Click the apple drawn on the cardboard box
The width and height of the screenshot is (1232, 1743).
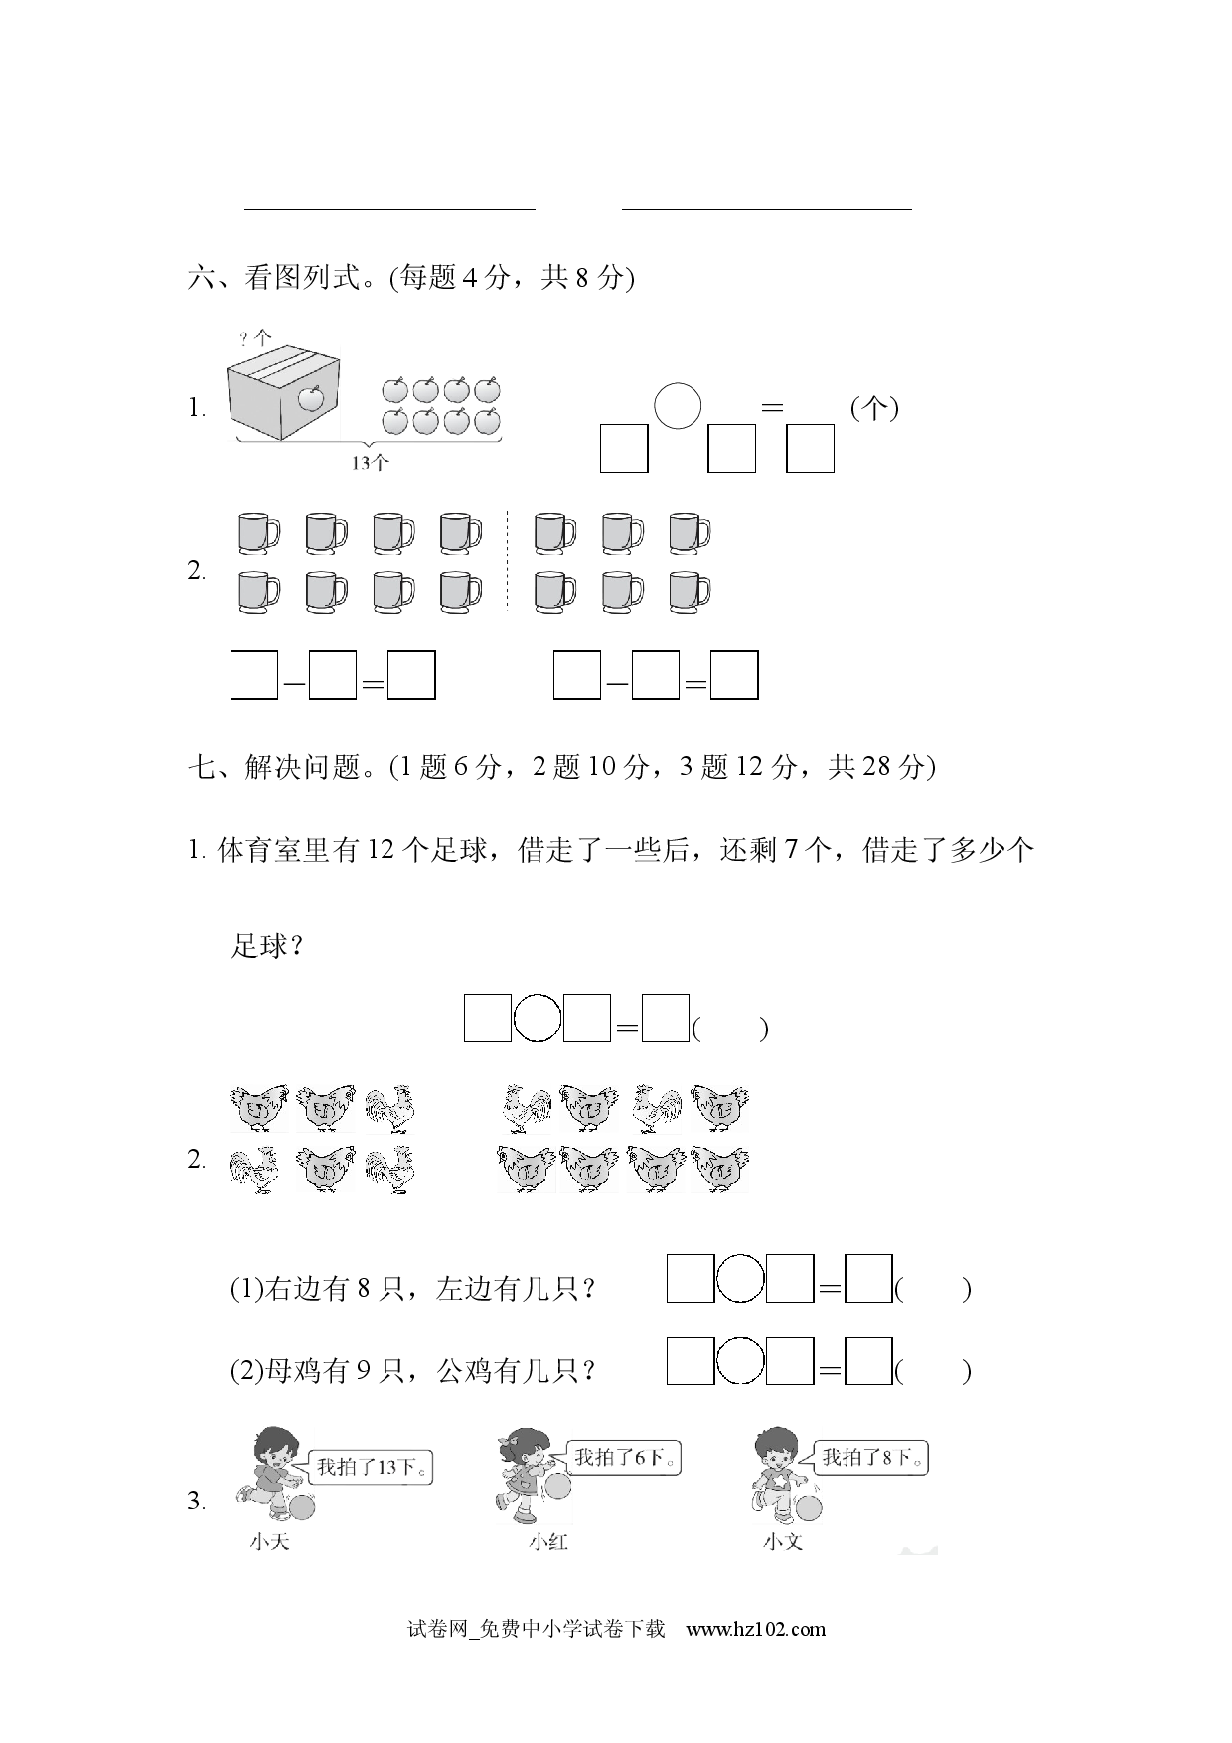tap(312, 398)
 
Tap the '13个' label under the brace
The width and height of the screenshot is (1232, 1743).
tap(370, 462)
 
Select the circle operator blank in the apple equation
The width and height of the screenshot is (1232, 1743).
tap(678, 405)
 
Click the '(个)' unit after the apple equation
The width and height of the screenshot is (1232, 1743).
tap(874, 408)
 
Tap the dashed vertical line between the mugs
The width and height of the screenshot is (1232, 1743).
tap(507, 559)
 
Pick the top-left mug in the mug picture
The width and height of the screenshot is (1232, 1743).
tap(258, 534)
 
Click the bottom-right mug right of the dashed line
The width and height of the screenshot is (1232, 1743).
tap(690, 592)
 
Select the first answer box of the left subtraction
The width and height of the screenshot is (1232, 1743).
tap(253, 675)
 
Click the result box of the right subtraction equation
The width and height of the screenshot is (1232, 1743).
tap(735, 675)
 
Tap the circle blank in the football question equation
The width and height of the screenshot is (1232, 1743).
tap(538, 1018)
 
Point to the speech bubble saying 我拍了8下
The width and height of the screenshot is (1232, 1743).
tap(872, 1458)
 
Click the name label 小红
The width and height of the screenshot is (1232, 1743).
tap(548, 1542)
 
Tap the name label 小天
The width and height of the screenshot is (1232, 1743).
tap(270, 1542)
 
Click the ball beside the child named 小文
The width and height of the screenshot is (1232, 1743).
tap(810, 1507)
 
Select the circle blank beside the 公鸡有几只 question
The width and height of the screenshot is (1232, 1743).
tap(740, 1361)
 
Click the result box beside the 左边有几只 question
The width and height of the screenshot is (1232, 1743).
tap(868, 1279)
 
